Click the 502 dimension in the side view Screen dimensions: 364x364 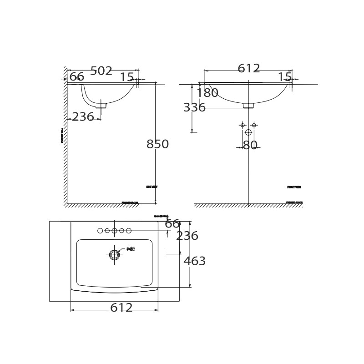[101, 71]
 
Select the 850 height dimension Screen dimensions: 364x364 [157, 145]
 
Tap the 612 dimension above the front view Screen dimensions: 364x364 [249, 69]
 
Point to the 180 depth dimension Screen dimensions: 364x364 [207, 93]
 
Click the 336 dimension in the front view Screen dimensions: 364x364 [194, 108]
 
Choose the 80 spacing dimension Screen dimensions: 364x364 [250, 146]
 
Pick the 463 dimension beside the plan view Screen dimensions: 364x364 [195, 262]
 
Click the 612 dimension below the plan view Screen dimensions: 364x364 [121, 308]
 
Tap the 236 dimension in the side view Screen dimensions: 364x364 [83, 117]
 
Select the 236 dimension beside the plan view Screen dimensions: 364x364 [187, 236]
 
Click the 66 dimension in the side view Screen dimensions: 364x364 [77, 77]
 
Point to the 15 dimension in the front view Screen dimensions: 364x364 [285, 77]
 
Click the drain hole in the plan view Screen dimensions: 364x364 [114, 255]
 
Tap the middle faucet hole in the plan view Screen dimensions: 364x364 [114, 231]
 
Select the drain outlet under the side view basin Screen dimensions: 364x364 [101, 106]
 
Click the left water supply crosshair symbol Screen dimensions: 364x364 [243, 125]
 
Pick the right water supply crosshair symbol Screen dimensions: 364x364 [254, 125]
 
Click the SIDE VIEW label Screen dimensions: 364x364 [152, 187]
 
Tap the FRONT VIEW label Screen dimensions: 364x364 [294, 187]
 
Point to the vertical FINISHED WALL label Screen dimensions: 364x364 [62, 135]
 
